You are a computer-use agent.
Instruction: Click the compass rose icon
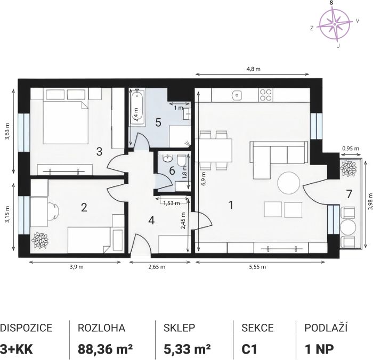coord(335,24)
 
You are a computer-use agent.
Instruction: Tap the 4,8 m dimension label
coord(253,69)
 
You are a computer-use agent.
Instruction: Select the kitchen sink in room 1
coord(237,95)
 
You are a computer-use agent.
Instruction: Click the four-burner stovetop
coord(265,95)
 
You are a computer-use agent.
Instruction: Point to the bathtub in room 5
coord(136,106)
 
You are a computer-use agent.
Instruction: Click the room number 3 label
coord(99,151)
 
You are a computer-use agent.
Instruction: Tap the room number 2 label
coord(84,207)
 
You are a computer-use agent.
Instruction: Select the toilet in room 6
coord(182,160)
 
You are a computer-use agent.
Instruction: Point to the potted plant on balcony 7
coord(348,168)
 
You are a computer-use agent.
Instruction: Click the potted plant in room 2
coord(40,241)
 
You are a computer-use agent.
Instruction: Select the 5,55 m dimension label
coord(257,267)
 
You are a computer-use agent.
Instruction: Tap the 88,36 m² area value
coord(105,349)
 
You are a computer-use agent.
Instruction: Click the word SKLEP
coord(179,328)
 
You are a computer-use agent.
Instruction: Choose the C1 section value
coord(249,349)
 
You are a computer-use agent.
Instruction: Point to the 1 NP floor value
coord(319,349)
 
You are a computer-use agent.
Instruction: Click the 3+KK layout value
coord(16,349)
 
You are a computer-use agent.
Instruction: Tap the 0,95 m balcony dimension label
coord(351,149)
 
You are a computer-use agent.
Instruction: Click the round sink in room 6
coord(168,158)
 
